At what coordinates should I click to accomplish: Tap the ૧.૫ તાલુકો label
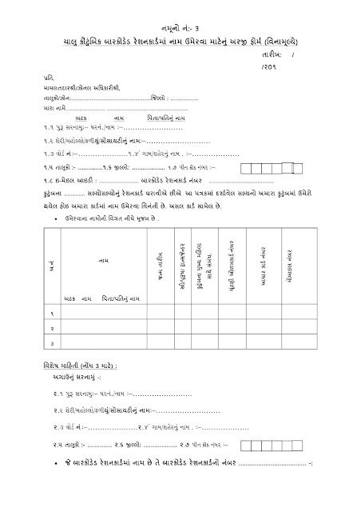[x=55, y=166]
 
